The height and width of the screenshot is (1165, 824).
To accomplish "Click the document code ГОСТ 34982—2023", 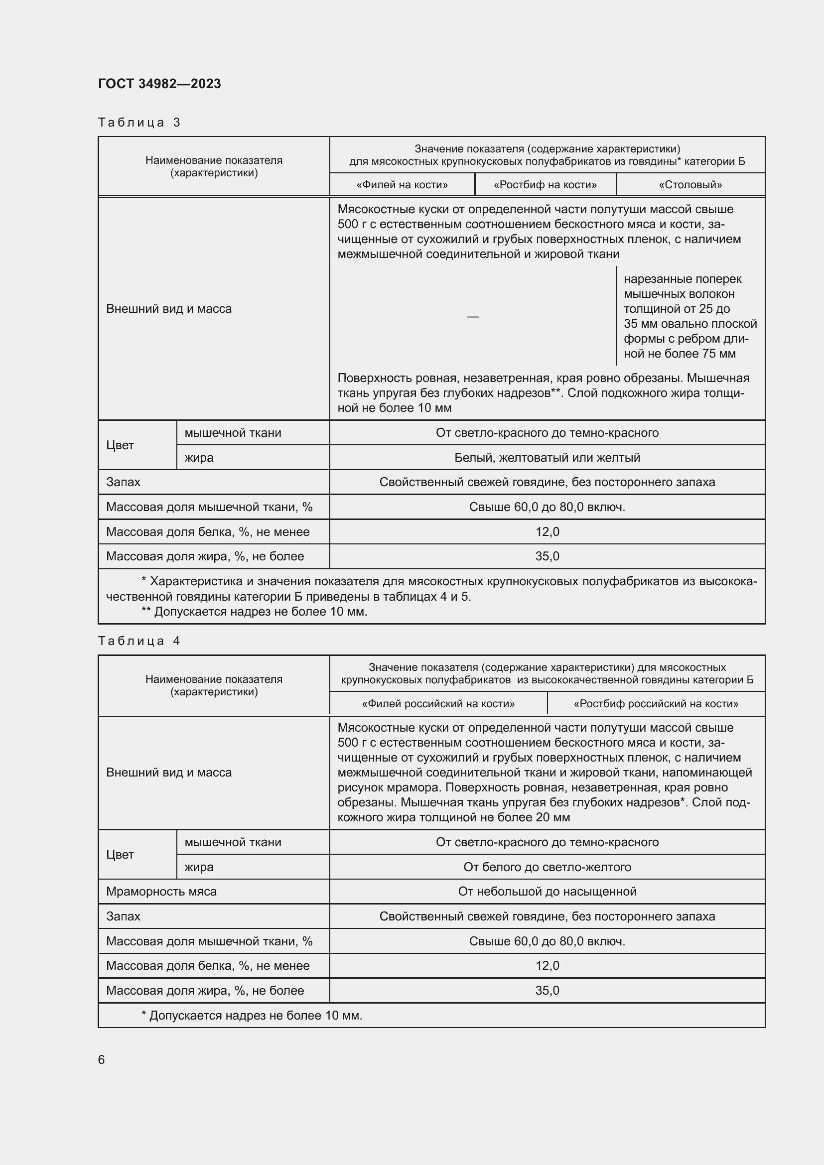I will [x=159, y=84].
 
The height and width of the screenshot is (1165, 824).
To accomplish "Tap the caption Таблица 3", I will [x=139, y=123].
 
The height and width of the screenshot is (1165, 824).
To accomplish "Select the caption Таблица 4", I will [x=139, y=641].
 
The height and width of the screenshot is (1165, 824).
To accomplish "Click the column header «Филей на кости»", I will [x=402, y=185].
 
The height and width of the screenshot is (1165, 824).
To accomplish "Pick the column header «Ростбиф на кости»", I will [x=545, y=185].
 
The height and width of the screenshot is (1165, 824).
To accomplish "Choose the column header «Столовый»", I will [x=690, y=185].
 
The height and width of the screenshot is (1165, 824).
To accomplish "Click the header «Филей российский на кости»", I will [x=438, y=703].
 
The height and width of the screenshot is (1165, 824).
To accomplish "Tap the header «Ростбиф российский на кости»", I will [x=656, y=703].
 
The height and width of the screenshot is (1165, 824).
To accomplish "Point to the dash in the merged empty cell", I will [x=472, y=317].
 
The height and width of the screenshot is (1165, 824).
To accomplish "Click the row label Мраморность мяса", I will [x=161, y=892].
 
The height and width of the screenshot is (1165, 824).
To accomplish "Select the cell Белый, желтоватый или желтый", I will [x=547, y=458].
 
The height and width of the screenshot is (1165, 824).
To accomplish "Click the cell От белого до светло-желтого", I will [x=547, y=867].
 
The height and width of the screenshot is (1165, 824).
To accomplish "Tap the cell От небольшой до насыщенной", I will [x=547, y=892].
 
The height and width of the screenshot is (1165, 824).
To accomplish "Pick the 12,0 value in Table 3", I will [x=547, y=532].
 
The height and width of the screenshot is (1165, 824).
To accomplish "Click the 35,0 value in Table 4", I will [x=547, y=991].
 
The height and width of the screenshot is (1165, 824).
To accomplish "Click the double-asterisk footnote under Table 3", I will [x=254, y=612].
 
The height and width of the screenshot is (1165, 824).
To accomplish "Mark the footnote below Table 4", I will [x=252, y=1015].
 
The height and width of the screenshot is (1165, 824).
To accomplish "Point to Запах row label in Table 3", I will [x=123, y=482].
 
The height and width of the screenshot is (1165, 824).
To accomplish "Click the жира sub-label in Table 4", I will [x=199, y=867].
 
